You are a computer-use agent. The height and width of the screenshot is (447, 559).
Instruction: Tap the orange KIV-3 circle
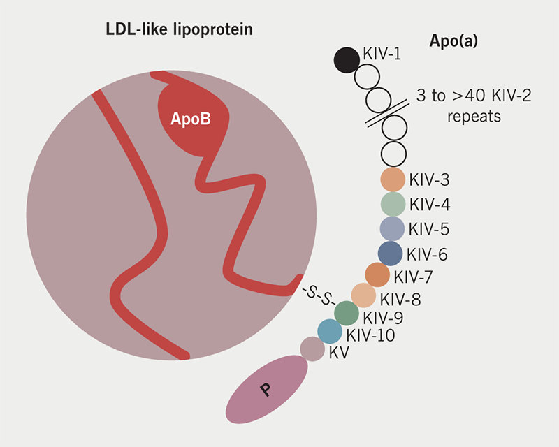(x=393, y=180)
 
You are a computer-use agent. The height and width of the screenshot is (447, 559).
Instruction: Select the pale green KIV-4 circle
(x=393, y=204)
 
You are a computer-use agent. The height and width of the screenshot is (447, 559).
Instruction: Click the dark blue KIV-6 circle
(x=390, y=254)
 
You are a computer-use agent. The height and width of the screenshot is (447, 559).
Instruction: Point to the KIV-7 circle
(x=377, y=275)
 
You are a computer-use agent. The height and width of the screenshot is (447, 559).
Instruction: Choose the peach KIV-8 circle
(x=363, y=295)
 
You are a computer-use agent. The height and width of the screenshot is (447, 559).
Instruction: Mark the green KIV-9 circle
(x=347, y=313)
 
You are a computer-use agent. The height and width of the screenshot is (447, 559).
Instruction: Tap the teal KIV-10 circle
(x=330, y=331)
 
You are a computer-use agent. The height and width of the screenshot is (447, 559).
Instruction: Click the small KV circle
(x=312, y=349)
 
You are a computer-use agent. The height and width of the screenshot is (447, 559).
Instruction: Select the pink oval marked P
(x=267, y=390)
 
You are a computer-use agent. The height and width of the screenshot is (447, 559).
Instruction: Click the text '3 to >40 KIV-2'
(x=474, y=96)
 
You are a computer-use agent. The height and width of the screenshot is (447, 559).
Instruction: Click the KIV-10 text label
(x=371, y=336)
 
